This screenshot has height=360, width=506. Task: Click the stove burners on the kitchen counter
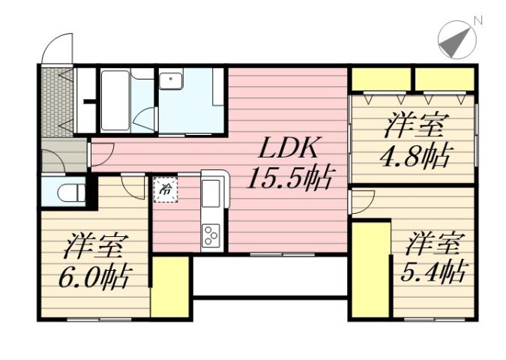pyautogui.click(x=211, y=235)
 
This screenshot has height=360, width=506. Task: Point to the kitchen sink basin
pyautogui.click(x=211, y=192)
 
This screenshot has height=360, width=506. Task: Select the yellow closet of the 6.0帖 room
pyautogui.click(x=169, y=286)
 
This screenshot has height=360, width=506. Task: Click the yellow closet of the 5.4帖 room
pyautogui.click(x=369, y=268)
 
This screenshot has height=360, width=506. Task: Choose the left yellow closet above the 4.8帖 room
pyautogui.click(x=381, y=78)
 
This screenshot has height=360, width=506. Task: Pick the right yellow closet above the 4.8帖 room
pyautogui.click(x=445, y=78)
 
